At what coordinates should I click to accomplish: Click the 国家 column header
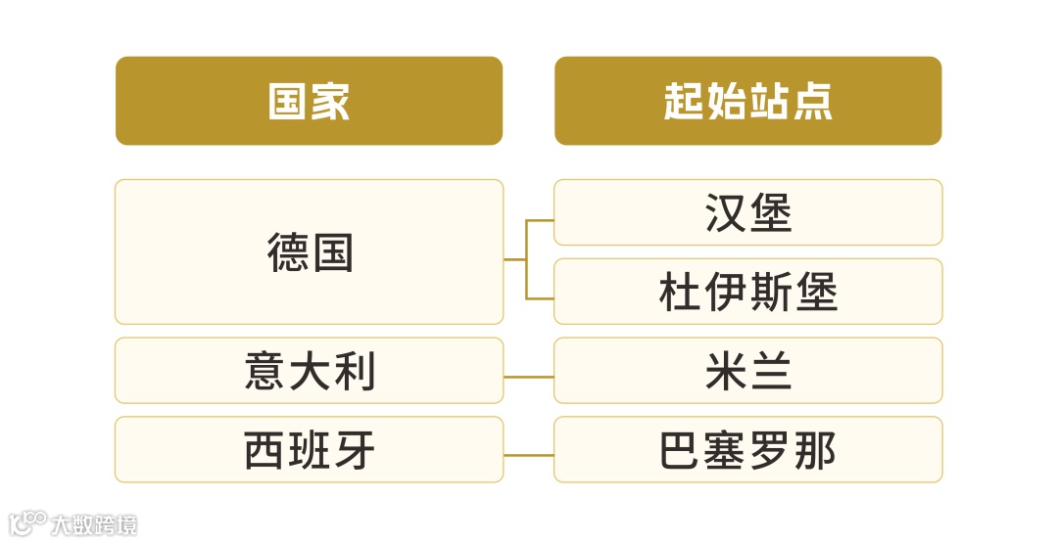coord(309,101)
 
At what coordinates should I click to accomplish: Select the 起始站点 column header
coord(747,101)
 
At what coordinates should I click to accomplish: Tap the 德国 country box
coord(309,251)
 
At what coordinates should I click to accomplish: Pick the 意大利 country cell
coord(309,371)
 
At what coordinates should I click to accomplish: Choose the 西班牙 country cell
coord(309,450)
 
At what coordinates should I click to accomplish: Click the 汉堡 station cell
coord(747,212)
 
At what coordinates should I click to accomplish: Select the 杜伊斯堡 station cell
coord(747,292)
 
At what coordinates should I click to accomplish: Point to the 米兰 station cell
coord(747,371)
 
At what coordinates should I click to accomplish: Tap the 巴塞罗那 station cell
coord(747,450)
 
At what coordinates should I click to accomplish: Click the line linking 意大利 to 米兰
coord(529,377)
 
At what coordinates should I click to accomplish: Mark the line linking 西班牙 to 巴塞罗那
coord(529,456)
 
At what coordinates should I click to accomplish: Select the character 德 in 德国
coord(287,252)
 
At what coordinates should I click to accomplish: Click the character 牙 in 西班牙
coord(355,451)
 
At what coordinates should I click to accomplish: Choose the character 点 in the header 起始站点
coord(812,101)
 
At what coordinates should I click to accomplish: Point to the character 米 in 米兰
coord(725,372)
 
